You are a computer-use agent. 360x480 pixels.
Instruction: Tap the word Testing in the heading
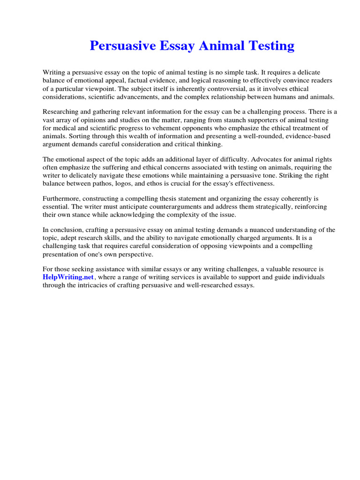click(269, 46)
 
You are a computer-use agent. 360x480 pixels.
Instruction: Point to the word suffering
click(118, 168)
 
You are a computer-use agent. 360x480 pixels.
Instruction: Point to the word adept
click(69, 238)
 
